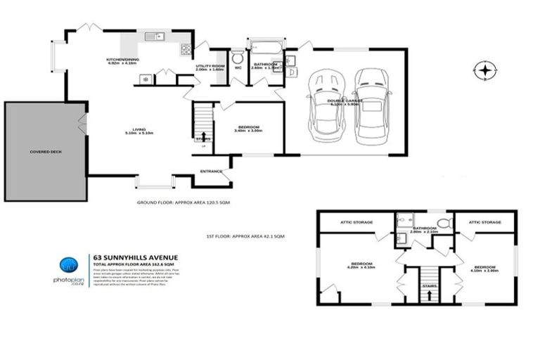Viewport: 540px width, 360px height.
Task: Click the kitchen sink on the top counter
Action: point(153,36)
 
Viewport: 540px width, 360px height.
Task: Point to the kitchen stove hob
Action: point(186,49)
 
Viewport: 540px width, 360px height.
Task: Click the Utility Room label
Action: point(209,67)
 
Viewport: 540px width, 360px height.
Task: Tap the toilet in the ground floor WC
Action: point(237,56)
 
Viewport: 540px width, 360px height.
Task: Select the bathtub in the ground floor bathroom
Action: point(264,51)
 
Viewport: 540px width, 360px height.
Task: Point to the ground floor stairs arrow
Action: point(204,137)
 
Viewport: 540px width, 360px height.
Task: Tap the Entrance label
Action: point(211,171)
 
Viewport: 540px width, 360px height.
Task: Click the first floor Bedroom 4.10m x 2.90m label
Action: point(485,269)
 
